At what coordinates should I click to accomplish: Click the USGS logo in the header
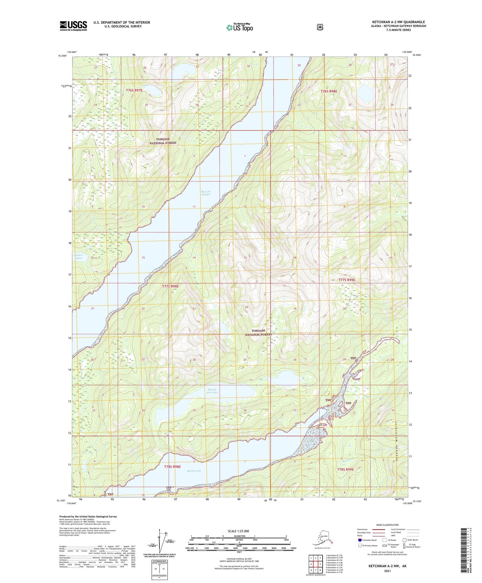tap(73, 26)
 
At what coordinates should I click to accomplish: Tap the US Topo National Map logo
tap(239, 27)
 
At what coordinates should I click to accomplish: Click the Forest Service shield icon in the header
tap(320, 27)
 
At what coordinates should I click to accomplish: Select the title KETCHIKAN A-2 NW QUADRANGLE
tap(399, 22)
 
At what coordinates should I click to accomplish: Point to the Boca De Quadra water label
tap(206, 193)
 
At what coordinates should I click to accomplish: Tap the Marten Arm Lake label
tap(212, 391)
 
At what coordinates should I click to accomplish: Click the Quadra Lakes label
tap(77, 256)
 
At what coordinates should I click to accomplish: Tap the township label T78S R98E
tap(172, 466)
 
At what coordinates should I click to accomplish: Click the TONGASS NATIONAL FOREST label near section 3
tap(163, 141)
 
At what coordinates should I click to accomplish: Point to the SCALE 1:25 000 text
tap(238, 531)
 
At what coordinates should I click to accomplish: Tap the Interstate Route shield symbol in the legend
tap(360, 540)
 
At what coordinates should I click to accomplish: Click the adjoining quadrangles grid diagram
tap(315, 564)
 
